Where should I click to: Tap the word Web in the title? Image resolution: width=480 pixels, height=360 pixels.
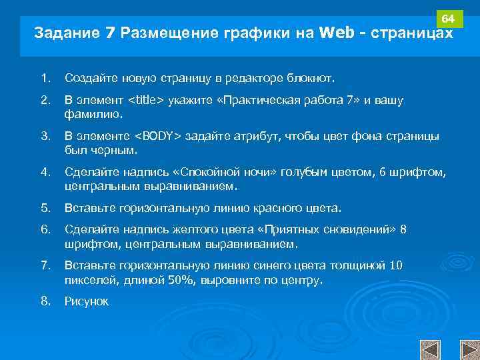pos(337,33)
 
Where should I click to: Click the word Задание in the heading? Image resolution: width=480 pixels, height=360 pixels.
pos(66,33)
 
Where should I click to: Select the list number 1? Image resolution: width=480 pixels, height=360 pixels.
pos(45,79)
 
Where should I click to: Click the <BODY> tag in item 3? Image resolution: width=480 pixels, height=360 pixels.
pos(158,137)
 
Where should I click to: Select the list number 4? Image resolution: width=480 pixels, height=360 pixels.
pos(45,173)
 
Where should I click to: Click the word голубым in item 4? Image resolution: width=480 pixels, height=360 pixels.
pos(323,173)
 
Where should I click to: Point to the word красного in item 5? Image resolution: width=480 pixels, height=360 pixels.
pos(275,208)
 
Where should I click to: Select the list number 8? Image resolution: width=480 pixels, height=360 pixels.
pos(45,301)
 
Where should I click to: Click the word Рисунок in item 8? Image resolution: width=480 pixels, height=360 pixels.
pos(86,302)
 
